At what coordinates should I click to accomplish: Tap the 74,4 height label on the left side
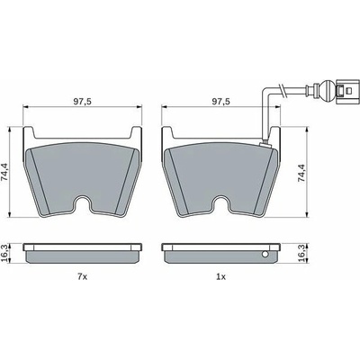pos(4,172)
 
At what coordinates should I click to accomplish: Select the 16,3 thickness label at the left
pos(4,255)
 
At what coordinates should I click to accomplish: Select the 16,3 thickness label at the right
pos(301,255)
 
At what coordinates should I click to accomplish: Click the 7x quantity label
pos(82,277)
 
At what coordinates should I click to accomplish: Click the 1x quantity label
pos(220,277)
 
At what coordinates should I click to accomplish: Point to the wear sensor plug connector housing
pos(347,90)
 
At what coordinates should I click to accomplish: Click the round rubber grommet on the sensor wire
pos(326,90)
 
